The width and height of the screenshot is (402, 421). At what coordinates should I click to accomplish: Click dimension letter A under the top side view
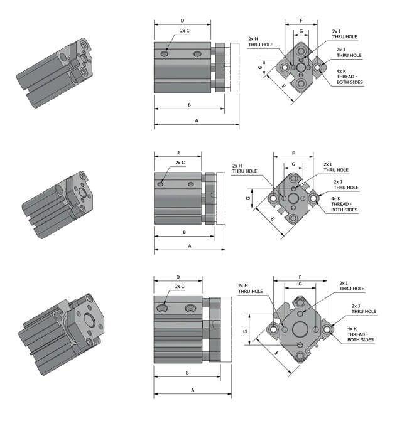tap(196, 119)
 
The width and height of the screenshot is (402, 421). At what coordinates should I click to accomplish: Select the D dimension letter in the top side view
tap(182, 21)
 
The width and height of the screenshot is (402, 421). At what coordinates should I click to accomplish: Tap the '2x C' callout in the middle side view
tap(180, 163)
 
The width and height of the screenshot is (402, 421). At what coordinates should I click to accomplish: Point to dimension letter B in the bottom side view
tap(187, 373)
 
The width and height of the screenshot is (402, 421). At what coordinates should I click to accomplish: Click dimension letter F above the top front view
tap(301, 21)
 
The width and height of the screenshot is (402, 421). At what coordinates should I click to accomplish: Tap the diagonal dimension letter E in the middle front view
tap(272, 220)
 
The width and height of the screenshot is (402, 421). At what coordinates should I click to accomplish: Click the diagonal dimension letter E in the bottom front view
tap(277, 354)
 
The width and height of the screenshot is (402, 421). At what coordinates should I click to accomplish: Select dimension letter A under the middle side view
tap(189, 247)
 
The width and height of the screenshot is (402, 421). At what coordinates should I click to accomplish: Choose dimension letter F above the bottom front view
tap(300, 277)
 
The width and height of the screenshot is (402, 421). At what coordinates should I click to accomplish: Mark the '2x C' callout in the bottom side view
tap(180, 287)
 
